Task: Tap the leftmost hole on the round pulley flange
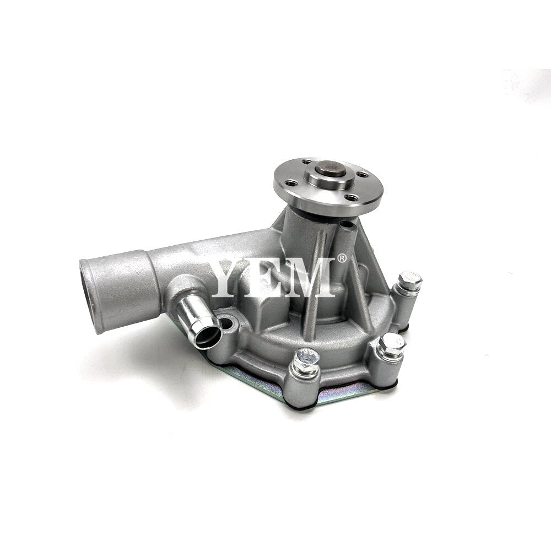pos(293,183)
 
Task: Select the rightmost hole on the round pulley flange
pos(363,175)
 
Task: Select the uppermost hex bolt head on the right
pos(410,280)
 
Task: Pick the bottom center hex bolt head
pos(306,360)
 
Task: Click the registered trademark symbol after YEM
pos(342,259)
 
